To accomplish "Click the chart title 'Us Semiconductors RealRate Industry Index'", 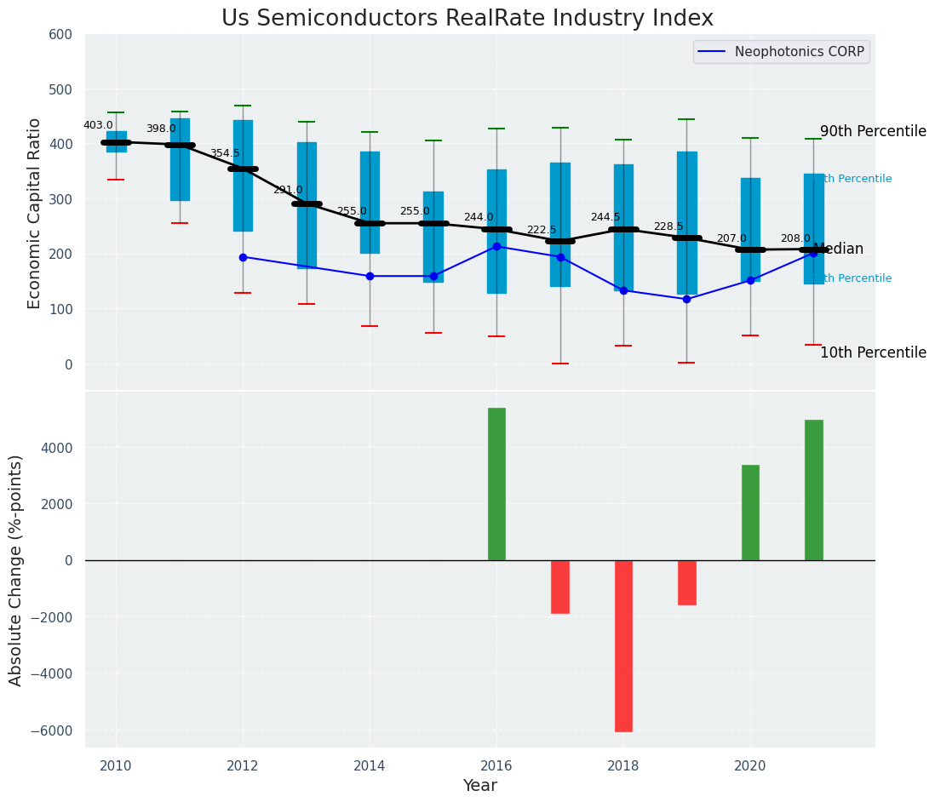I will [x=467, y=19].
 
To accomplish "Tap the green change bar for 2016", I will [x=496, y=484].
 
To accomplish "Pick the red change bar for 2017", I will [x=560, y=587].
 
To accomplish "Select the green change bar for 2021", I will [x=813, y=490].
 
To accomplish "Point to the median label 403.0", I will [x=98, y=125].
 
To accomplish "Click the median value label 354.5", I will [x=225, y=153].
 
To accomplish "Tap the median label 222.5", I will [x=542, y=230].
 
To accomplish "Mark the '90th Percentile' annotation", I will [x=873, y=132].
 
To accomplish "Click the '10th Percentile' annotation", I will [x=873, y=352].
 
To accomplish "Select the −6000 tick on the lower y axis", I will [x=54, y=730].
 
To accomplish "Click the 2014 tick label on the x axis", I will [x=370, y=765].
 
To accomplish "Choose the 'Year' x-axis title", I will [x=480, y=786].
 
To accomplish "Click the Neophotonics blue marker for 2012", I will [x=243, y=257].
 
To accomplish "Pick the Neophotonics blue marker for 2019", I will [x=686, y=299].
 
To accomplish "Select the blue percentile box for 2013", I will [x=307, y=205].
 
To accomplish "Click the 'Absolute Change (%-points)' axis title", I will [x=16, y=570].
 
